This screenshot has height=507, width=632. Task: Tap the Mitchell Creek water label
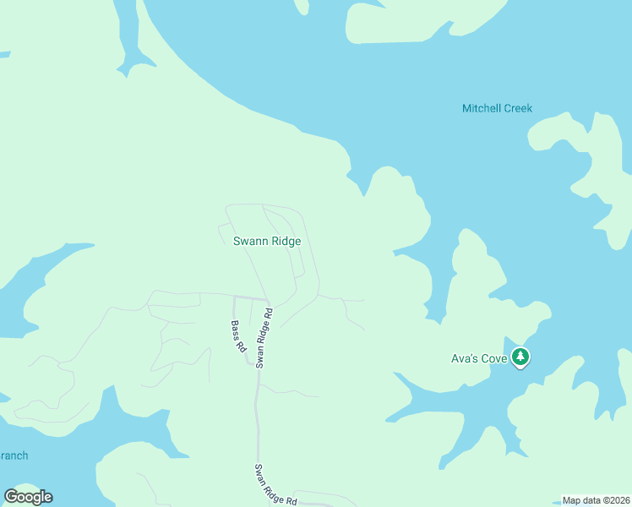coord(497,108)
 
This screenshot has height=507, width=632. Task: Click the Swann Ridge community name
coord(267,242)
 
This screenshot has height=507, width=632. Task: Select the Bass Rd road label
coord(239,336)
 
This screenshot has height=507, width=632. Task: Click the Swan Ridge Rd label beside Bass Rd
coord(264,338)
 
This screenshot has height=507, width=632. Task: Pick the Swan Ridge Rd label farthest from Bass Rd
coord(277,484)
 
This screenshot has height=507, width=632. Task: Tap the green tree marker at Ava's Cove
coord(520,357)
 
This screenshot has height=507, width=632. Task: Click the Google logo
coord(28,497)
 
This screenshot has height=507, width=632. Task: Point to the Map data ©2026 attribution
coord(596,500)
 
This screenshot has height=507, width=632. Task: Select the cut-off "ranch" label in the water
coord(14,455)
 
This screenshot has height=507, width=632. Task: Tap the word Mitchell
coord(481,108)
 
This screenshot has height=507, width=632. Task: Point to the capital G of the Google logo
coord(12,497)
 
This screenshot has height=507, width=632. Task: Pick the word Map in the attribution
coord(572,500)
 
